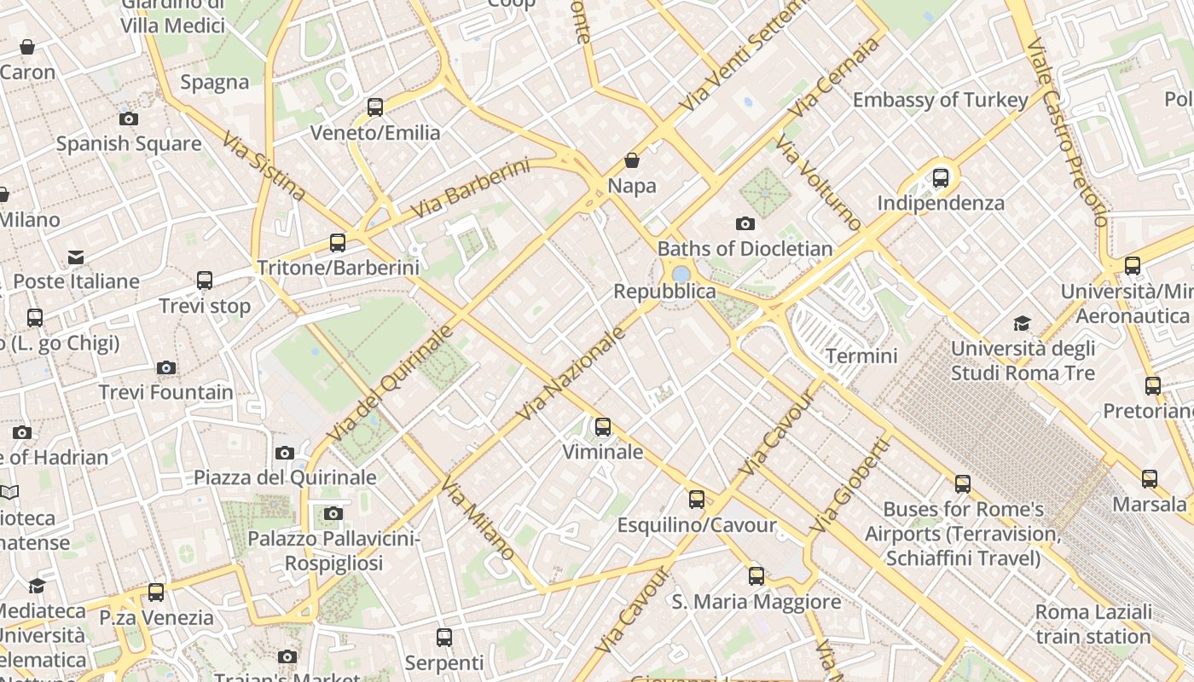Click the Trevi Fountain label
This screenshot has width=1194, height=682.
(165, 393)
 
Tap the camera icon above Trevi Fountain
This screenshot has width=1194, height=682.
(166, 368)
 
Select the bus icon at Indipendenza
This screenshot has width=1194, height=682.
(941, 178)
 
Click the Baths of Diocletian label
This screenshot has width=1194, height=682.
(745, 249)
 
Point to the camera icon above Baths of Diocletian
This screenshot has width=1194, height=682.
(745, 224)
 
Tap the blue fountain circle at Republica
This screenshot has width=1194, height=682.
(681, 275)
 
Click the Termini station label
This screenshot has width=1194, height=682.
(861, 355)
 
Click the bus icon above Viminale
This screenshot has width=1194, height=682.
(603, 427)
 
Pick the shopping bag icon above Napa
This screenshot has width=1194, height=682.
(632, 160)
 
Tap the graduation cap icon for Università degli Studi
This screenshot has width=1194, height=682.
(1022, 324)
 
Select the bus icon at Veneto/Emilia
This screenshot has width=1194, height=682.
(375, 107)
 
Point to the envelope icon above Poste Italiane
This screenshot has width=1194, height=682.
(76, 257)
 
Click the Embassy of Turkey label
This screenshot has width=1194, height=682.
(940, 100)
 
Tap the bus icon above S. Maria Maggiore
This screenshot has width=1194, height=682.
(756, 576)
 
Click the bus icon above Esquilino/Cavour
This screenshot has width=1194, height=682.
(697, 500)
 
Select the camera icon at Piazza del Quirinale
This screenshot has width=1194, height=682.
(285, 453)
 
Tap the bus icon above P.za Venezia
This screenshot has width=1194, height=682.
(156, 592)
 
